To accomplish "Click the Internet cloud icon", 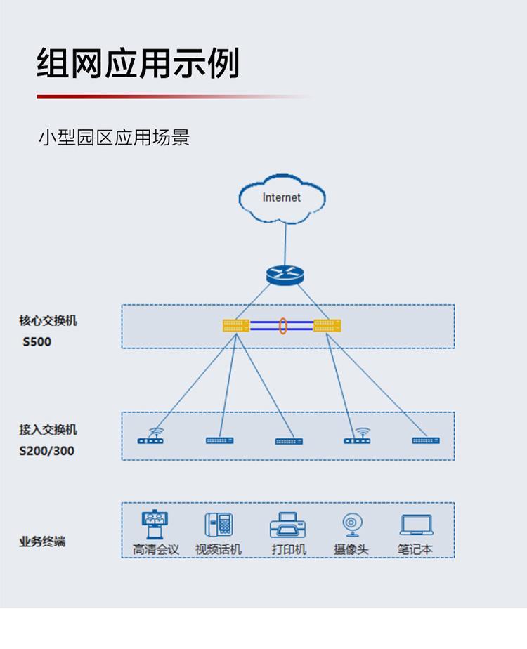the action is click(x=282, y=199).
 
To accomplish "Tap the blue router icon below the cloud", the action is click(x=285, y=275).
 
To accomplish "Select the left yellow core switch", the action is click(x=236, y=325).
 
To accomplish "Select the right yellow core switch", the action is click(x=327, y=325).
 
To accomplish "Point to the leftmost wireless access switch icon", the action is click(x=150, y=436).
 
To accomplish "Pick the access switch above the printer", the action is click(x=289, y=442).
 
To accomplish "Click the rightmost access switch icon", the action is click(x=426, y=440).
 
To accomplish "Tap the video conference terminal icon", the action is click(x=155, y=524).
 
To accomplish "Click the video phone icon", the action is click(x=219, y=524).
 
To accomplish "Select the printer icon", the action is click(x=287, y=525).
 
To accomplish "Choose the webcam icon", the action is click(x=352, y=525).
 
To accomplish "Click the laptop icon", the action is click(x=417, y=525).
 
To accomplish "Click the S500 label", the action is click(x=37, y=342).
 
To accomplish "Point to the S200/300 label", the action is click(x=47, y=451).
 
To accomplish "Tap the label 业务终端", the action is click(x=42, y=542).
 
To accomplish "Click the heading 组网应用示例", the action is click(x=138, y=63).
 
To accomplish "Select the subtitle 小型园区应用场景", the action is click(x=114, y=138).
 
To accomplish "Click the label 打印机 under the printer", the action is click(x=289, y=549).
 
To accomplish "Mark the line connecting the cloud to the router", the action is click(x=285, y=244).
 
